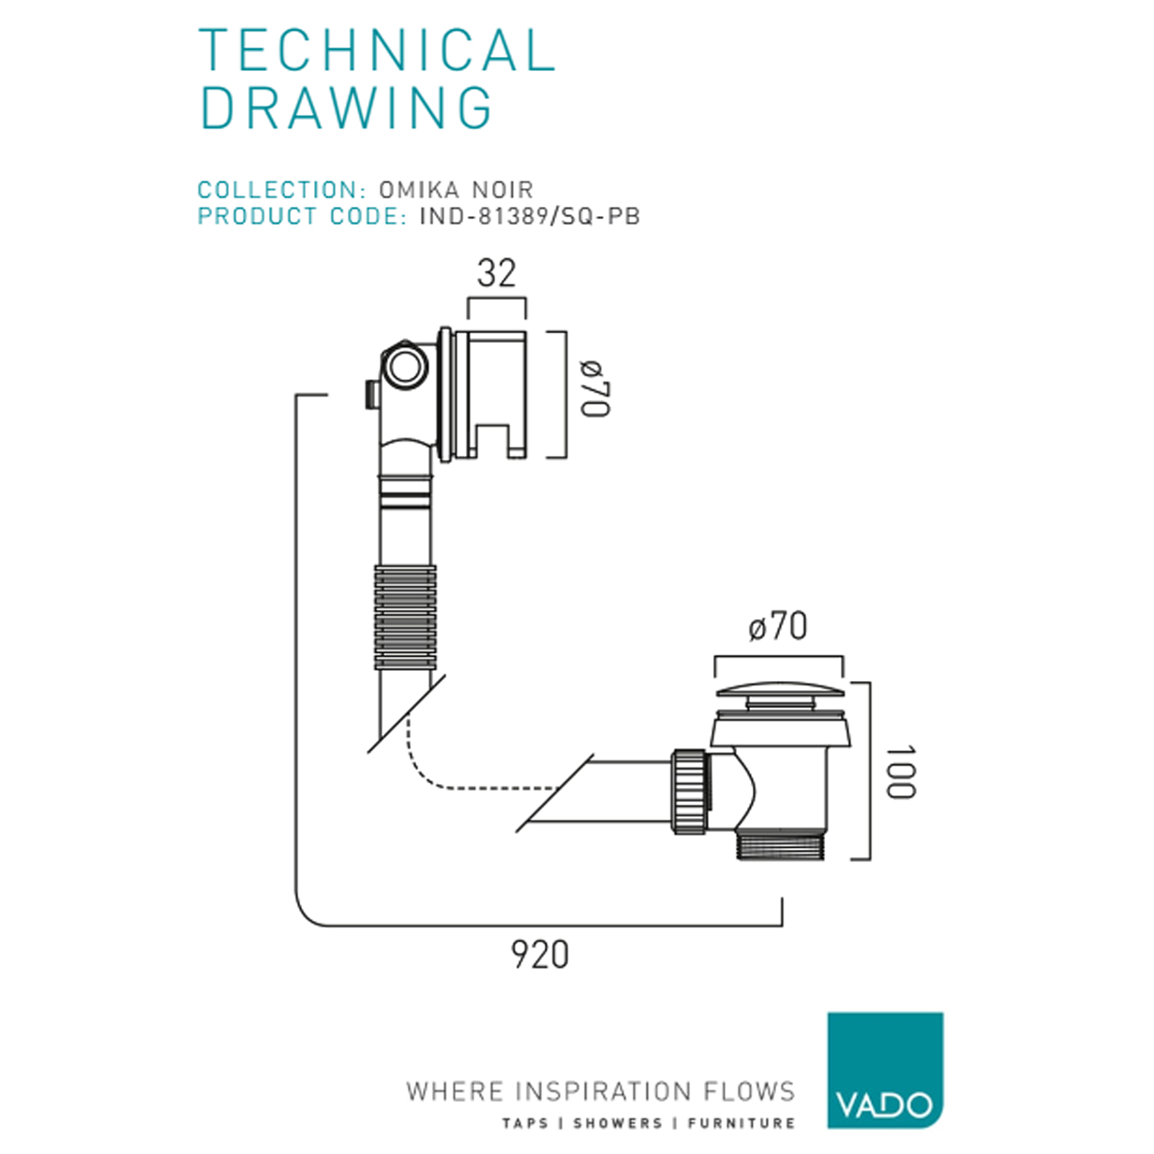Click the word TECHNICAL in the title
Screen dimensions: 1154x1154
point(378,50)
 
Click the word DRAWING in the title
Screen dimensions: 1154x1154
point(346,108)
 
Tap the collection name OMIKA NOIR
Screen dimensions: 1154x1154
point(456,190)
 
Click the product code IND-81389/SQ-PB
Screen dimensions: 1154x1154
point(530,216)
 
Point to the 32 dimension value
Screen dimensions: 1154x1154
point(496,274)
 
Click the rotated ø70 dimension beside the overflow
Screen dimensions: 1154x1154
point(594,388)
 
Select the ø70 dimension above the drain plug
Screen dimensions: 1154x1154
point(778,626)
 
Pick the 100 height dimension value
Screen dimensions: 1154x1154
point(900,772)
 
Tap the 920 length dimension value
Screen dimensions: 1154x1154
point(540,955)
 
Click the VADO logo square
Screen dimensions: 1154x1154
point(884,1070)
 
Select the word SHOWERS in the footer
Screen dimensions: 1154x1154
point(617,1123)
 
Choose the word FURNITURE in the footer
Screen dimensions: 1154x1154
point(741,1123)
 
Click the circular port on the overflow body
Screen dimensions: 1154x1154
point(405,366)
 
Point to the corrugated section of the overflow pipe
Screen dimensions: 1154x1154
point(405,616)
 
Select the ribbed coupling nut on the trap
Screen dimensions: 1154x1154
point(690,791)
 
